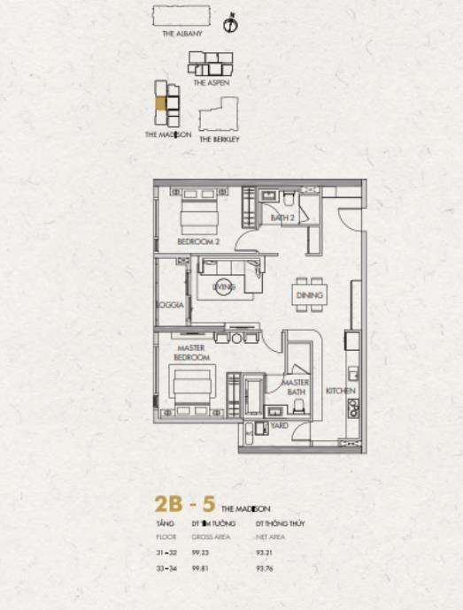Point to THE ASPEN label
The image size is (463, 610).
[x=212, y=82]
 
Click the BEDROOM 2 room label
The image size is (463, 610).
[x=197, y=240]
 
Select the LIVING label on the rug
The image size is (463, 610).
[x=224, y=286]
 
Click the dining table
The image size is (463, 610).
[x=309, y=295]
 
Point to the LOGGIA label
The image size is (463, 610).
[x=169, y=305]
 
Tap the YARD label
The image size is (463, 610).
[x=280, y=424]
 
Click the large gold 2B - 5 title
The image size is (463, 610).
[x=184, y=505]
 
